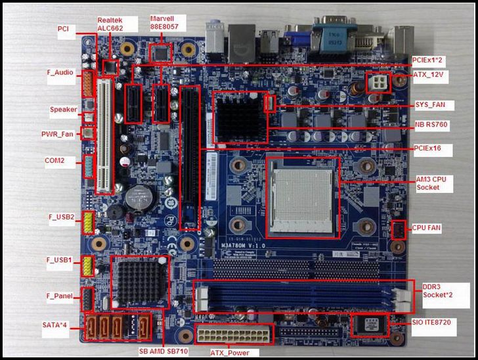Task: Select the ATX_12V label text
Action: [x=429, y=75]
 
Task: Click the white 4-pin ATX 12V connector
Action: [x=378, y=83]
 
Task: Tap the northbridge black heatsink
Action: [x=239, y=118]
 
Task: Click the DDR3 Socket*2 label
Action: [x=437, y=291]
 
